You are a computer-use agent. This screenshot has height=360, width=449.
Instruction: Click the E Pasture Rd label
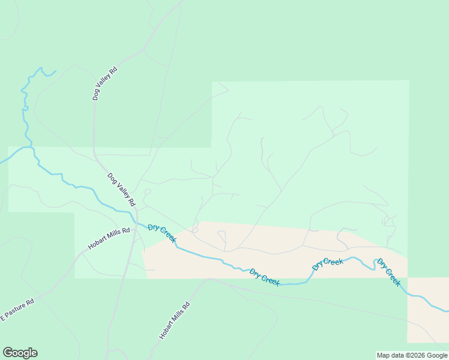(17, 308)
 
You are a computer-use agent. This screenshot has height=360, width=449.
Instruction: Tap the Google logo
(20, 353)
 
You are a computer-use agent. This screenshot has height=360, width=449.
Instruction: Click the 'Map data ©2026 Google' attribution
(412, 355)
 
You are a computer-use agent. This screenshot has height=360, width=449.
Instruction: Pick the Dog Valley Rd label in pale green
(122, 189)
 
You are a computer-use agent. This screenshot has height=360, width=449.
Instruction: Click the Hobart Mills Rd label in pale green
(109, 238)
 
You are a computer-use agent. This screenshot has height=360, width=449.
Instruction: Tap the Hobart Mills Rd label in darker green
(175, 321)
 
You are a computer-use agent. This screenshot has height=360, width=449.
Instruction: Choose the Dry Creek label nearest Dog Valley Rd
(162, 233)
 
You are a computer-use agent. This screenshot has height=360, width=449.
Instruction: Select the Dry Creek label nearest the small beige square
(389, 272)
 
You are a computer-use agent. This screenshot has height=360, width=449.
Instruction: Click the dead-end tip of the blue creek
(56, 71)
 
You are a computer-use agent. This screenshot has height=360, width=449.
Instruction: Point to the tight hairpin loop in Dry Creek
(377, 262)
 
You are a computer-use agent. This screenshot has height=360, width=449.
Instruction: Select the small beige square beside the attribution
(427, 318)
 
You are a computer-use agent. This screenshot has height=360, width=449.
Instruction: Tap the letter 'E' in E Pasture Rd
(2, 317)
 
